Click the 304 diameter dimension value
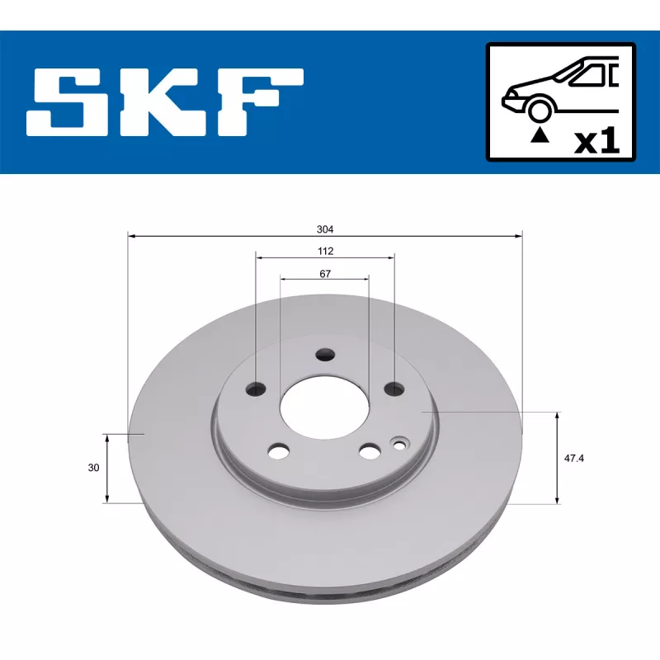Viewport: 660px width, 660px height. [x=325, y=229]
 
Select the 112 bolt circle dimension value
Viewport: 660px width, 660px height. [x=325, y=251]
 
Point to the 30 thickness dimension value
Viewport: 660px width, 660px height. [x=93, y=468]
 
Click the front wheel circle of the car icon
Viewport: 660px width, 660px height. [x=540, y=110]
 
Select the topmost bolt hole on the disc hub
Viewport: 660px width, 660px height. [x=326, y=355]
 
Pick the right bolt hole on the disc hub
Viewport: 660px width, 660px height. [x=394, y=388]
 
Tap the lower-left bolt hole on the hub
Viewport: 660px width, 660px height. [x=280, y=451]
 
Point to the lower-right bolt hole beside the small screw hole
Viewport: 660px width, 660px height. [x=370, y=451]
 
